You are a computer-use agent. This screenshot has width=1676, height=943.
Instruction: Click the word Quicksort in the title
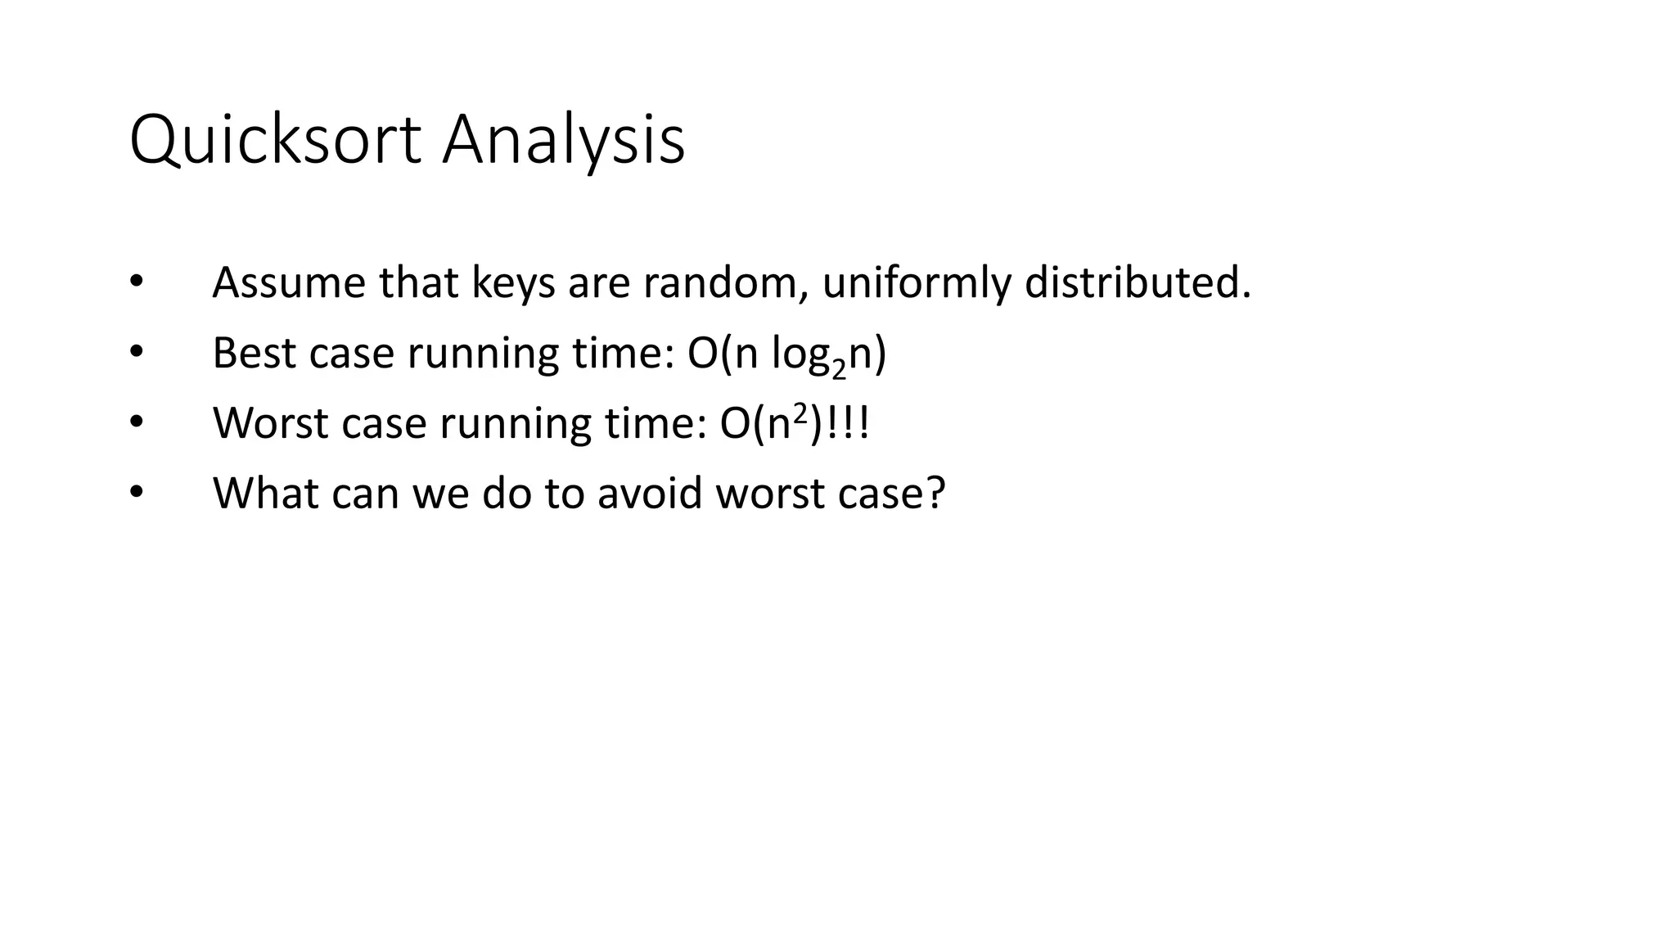275,141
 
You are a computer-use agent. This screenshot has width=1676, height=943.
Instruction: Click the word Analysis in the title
563,141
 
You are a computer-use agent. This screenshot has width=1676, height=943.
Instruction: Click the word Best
254,353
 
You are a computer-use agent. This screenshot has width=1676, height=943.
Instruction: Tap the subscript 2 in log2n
838,368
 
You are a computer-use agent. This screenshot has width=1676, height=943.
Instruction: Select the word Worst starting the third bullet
270,423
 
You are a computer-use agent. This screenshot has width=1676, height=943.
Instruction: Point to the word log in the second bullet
798,354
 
